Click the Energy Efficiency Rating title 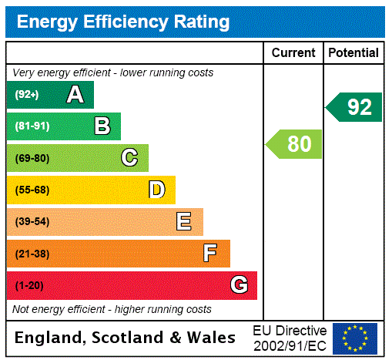tap(123, 22)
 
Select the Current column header tap(293, 53)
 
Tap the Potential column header tap(353, 53)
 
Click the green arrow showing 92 tap(354, 107)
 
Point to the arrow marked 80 tap(294, 144)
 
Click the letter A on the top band tap(75, 95)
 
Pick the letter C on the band tap(129, 158)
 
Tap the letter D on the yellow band tap(156, 190)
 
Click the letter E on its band tap(183, 222)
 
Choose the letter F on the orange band tap(210, 254)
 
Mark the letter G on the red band tap(239, 285)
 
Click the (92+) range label tap(27, 95)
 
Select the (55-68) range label tap(32, 190)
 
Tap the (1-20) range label tap(29, 285)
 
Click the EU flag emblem tap(355, 338)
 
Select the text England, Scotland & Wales tap(126, 338)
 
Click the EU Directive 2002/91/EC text tap(290, 338)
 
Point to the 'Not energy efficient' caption tap(112, 309)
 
